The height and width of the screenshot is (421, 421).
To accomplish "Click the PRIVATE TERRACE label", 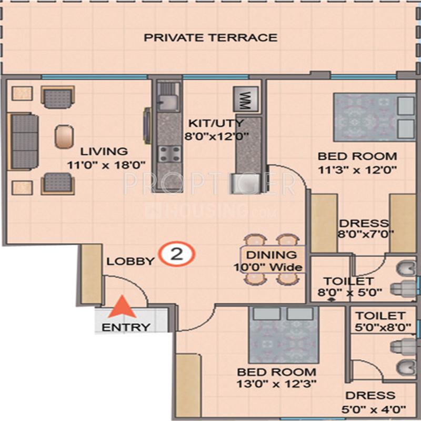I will pos(210,37).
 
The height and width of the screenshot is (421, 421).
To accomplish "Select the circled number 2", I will pos(177,254).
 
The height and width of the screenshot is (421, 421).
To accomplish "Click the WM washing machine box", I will pos(246,99).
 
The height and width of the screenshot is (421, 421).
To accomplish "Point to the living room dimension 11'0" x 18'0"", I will pos(105,164).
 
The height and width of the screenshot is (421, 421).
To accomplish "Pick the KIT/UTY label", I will pos(217,124).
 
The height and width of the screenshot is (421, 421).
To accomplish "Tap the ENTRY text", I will pos(126,327).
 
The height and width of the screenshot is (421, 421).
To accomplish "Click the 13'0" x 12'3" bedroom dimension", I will pos(276,384).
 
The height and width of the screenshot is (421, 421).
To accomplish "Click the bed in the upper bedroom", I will pos(374,117).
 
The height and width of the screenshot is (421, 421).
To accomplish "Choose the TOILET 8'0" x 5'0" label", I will pos(348,287).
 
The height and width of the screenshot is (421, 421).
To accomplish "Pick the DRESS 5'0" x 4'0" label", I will pos(370,401).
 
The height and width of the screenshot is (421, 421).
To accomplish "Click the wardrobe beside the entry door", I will pos(91,274).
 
